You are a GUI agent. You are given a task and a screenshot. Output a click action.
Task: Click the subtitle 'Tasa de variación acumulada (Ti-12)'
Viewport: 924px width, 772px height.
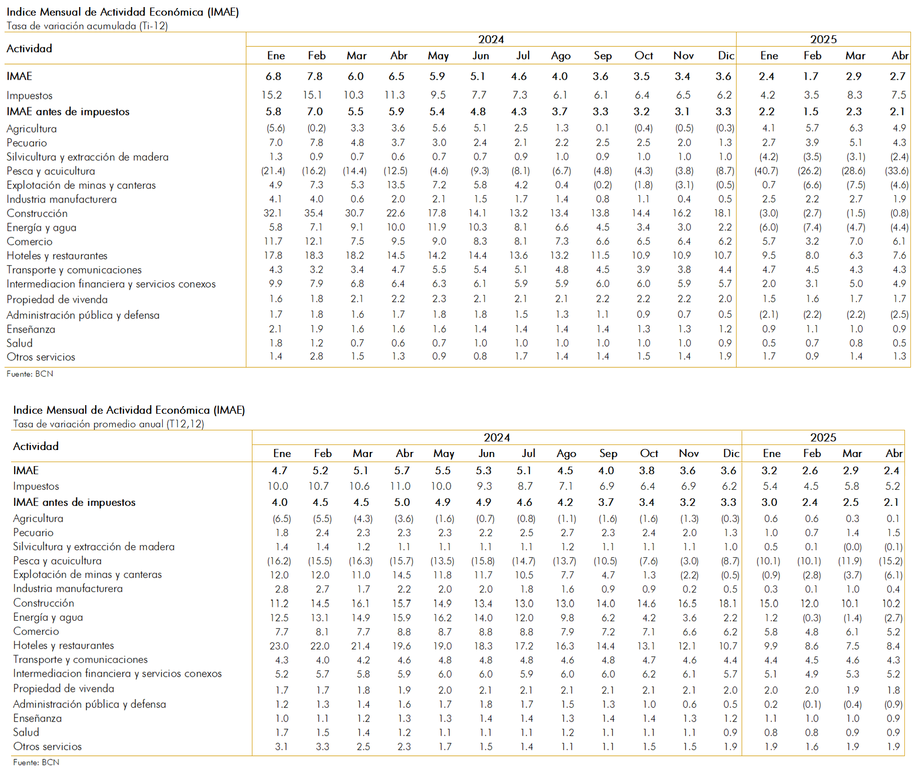pyautogui.click(x=87, y=26)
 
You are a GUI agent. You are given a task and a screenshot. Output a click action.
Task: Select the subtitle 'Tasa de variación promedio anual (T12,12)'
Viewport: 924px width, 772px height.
pyautogui.click(x=108, y=424)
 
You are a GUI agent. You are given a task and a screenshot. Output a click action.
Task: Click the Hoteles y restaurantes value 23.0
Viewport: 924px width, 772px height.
pyautogui.click(x=279, y=646)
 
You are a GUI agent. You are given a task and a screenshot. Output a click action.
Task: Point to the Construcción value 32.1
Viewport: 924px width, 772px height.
pyautogui.click(x=273, y=213)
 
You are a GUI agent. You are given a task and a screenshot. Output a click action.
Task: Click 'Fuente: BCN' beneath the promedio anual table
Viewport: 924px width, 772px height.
pyautogui.click(x=36, y=762)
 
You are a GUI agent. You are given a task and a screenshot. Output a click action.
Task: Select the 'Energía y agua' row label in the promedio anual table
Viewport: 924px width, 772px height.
pyautogui.click(x=48, y=617)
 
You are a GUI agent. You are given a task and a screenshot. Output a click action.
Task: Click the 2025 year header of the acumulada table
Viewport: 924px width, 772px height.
pyautogui.click(x=823, y=39)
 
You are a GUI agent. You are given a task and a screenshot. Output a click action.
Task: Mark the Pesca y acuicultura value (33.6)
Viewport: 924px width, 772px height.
pyautogui.click(x=897, y=171)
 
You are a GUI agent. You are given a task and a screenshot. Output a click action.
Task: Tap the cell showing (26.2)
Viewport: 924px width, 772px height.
pyautogui.click(x=810, y=171)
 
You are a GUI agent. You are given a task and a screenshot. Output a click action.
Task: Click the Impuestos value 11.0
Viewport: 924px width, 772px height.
pyautogui.click(x=400, y=486)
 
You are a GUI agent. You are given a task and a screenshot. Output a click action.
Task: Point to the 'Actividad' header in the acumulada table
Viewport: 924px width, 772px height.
pyautogui.click(x=29, y=48)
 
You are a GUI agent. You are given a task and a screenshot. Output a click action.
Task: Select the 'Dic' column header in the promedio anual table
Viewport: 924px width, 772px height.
pyautogui.click(x=731, y=454)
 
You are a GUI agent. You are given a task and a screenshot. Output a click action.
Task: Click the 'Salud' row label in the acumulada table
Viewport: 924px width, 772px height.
pyautogui.click(x=20, y=343)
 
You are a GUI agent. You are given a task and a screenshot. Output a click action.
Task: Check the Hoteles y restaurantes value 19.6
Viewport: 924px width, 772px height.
pyautogui.click(x=402, y=646)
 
